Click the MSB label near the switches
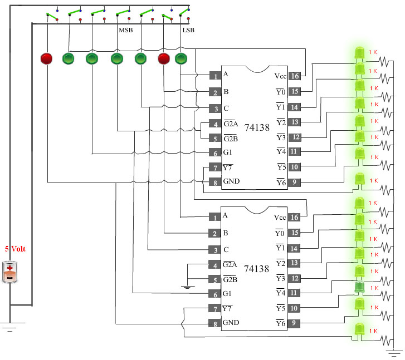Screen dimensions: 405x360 [x=126, y=30]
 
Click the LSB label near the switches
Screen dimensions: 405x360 [x=188, y=30]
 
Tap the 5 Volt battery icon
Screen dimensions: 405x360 [x=10, y=272]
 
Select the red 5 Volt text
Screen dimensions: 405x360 [x=15, y=249]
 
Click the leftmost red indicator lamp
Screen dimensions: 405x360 [x=46, y=58]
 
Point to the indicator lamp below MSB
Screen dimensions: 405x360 [x=117, y=58]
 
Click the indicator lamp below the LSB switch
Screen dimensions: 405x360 [x=181, y=58]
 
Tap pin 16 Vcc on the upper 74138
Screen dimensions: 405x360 [x=295, y=76]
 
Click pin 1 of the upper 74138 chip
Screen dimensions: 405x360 [x=215, y=76]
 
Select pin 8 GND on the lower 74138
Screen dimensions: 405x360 [x=214, y=323]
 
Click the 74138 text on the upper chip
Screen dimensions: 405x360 [x=257, y=127]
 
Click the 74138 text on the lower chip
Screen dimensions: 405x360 [x=256, y=269]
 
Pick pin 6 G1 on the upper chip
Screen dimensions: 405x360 [x=215, y=152]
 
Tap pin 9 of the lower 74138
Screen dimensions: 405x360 [x=294, y=323]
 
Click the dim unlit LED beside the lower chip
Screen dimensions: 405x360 [x=359, y=288]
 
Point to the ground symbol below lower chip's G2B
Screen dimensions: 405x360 [x=188, y=287]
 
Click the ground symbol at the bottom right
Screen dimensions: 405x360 [x=394, y=353]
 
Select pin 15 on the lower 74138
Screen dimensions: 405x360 [x=294, y=233]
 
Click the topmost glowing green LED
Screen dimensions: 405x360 [x=359, y=53]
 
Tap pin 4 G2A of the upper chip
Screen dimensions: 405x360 [x=215, y=124]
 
